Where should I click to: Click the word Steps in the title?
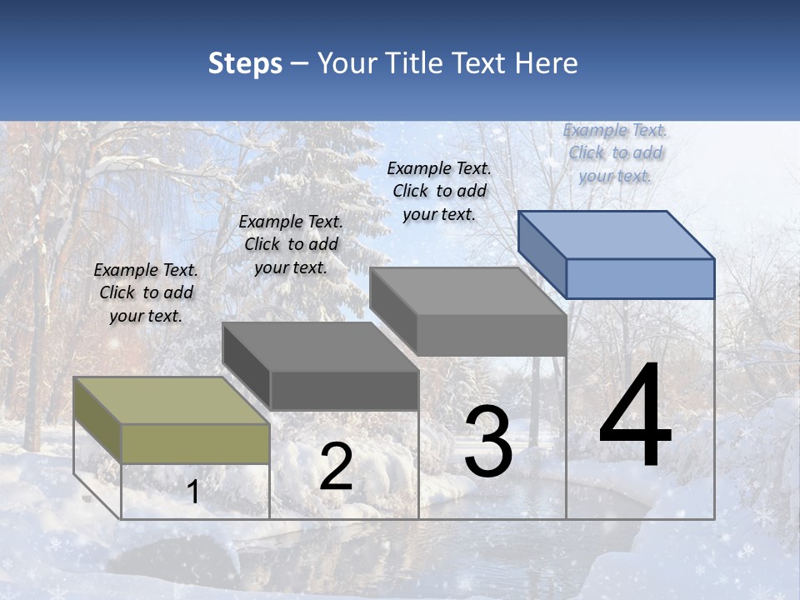click(245, 63)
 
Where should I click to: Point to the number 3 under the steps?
click(487, 442)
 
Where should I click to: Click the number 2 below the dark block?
click(336, 467)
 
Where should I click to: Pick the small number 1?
click(193, 492)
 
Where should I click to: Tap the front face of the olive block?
click(196, 443)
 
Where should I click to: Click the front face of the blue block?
click(640, 278)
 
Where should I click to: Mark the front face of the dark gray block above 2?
click(344, 390)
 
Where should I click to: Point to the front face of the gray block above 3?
click(492, 335)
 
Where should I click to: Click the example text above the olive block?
click(146, 292)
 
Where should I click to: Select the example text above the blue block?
click(615, 152)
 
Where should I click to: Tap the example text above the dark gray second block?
click(291, 244)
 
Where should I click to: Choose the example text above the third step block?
click(439, 191)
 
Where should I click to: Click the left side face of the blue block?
click(542, 254)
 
